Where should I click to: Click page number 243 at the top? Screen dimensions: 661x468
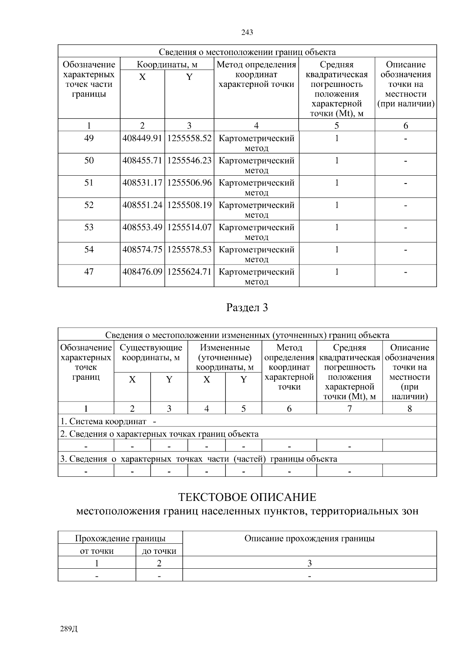click(x=247, y=32)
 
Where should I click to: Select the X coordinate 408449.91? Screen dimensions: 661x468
click(x=142, y=138)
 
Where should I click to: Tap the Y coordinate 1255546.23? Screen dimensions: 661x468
click(x=189, y=160)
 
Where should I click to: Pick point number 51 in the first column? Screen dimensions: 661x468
click(x=89, y=183)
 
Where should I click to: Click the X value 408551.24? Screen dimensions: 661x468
click(x=142, y=205)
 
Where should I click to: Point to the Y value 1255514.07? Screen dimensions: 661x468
click(x=189, y=227)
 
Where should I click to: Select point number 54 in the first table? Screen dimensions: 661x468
click(x=89, y=249)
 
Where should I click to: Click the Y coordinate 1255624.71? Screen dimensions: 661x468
click(x=189, y=271)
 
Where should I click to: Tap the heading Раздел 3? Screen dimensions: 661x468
click(x=247, y=308)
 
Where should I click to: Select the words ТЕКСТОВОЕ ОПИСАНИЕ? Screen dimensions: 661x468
click(x=247, y=497)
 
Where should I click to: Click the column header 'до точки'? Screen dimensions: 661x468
click(x=159, y=551)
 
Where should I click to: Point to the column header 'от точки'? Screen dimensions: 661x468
click(x=97, y=551)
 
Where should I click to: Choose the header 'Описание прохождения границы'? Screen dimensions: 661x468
click(x=309, y=538)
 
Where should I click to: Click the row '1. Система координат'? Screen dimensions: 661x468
click(x=103, y=421)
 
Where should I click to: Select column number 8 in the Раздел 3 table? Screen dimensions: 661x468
click(x=409, y=409)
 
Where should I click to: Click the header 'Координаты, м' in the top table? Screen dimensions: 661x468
click(x=167, y=65)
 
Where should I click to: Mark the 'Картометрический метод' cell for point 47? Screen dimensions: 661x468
click(x=256, y=276)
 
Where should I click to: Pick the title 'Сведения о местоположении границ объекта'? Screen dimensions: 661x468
click(x=247, y=52)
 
